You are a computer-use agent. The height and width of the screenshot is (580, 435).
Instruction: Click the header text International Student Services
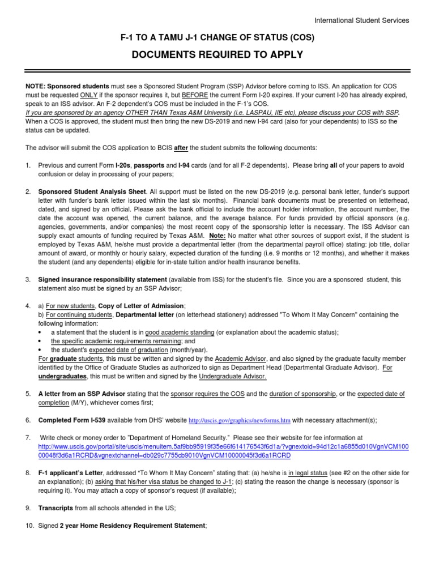[361, 20]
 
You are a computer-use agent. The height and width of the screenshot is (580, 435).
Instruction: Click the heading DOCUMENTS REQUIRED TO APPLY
[217, 55]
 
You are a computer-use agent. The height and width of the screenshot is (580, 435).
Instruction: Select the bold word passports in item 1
[150, 165]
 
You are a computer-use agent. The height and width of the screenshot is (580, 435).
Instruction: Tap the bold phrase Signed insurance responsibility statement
[103, 280]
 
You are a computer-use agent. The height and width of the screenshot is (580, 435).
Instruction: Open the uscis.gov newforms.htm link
[239, 420]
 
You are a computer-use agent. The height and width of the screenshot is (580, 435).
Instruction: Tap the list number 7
[28, 438]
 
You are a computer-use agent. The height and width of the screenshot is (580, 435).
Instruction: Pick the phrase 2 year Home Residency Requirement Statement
[133, 526]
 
